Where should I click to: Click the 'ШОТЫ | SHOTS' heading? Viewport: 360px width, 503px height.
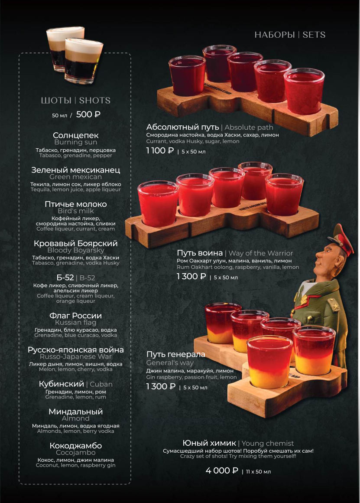(x=76, y=101)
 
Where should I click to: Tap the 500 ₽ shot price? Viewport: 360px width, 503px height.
(x=88, y=114)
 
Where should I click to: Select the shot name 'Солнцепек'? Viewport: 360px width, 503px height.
(x=76, y=135)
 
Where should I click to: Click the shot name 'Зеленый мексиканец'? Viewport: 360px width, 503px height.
(x=76, y=170)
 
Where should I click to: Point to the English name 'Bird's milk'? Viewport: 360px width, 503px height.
(x=76, y=211)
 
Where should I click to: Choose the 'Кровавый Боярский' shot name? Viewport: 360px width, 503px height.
(x=76, y=244)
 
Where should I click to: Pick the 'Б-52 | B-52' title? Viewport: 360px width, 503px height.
(x=76, y=278)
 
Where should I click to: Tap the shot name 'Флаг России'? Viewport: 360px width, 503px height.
(x=76, y=316)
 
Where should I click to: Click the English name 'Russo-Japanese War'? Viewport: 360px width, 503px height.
(x=76, y=357)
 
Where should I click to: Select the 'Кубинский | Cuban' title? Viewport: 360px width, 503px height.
(x=76, y=384)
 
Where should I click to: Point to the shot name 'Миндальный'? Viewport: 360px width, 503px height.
(x=76, y=412)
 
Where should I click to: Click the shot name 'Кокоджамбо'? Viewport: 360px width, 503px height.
(x=76, y=446)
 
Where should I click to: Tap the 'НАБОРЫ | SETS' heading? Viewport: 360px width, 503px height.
(x=290, y=35)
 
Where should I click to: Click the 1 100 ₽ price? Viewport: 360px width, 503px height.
(x=160, y=150)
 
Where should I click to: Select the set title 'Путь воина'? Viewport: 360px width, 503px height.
(x=199, y=253)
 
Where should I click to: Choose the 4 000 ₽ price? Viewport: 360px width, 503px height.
(x=222, y=470)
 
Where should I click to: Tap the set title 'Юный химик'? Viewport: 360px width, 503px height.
(x=209, y=443)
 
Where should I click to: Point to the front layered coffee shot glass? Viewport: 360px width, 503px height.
(x=84, y=61)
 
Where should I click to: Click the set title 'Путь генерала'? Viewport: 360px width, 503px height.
(x=176, y=354)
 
